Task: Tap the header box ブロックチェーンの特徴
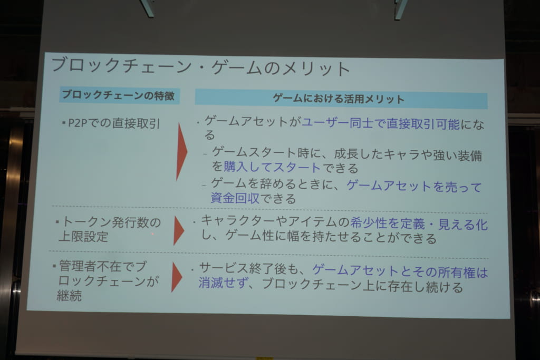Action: click(x=119, y=95)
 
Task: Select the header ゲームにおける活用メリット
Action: click(x=341, y=99)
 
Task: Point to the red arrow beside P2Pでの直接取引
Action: click(x=181, y=151)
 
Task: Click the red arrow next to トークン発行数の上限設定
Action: click(x=179, y=230)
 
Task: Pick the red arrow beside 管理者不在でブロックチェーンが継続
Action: click(x=177, y=277)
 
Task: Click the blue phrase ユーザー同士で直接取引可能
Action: click(x=381, y=124)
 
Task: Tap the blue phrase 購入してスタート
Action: click(x=272, y=168)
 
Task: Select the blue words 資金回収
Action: click(x=235, y=198)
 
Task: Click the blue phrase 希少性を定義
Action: click(x=388, y=223)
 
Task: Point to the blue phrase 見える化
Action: click(x=463, y=225)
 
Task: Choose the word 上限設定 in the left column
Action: click(x=83, y=237)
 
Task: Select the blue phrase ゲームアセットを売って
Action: click(x=414, y=186)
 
